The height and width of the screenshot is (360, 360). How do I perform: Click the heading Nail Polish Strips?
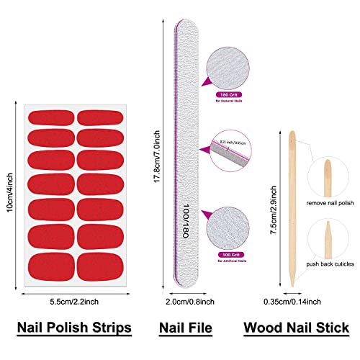[x=74, y=328]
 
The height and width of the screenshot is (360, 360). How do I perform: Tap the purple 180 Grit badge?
[x=228, y=94]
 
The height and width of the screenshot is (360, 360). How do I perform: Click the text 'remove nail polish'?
[x=330, y=203]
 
